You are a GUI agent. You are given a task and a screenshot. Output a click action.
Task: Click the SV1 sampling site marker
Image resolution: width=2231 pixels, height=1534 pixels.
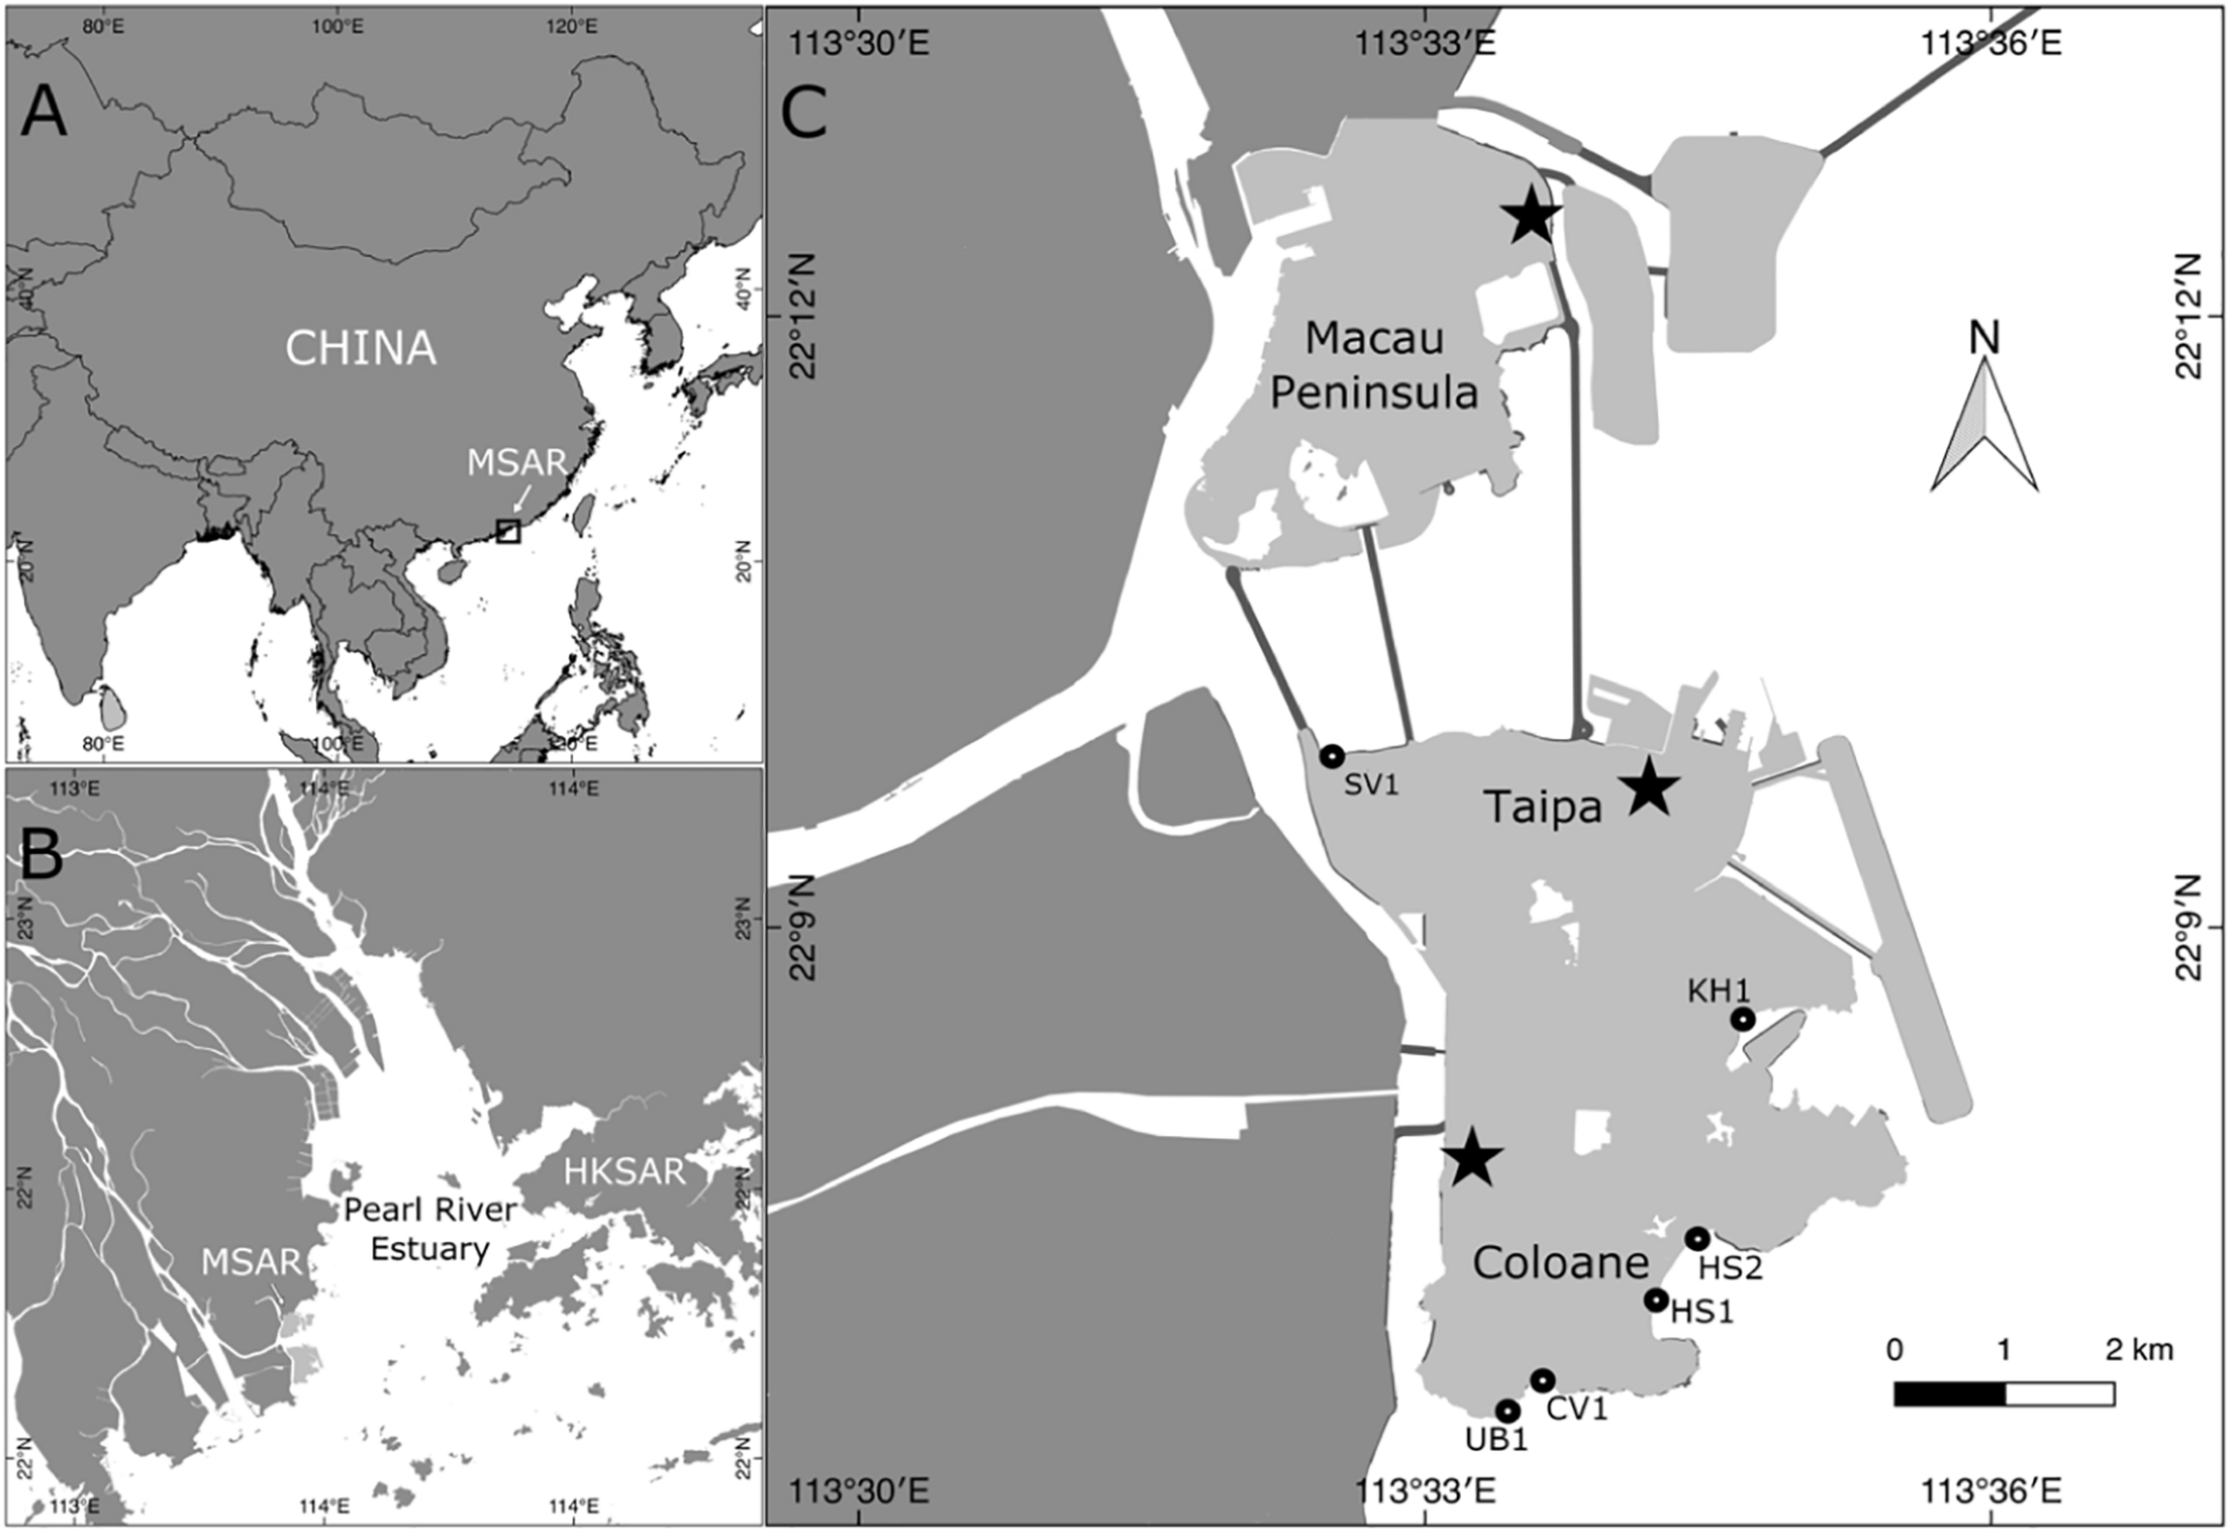[x=1331, y=757]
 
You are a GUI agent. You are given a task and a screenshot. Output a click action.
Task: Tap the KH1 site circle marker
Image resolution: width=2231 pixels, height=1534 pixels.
[x=1743, y=1019]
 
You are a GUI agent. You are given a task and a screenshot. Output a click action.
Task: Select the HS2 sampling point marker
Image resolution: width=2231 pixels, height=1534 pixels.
[x=1696, y=1239]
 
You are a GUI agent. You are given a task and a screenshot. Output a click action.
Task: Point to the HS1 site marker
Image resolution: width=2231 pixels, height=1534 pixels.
[x=1655, y=1300]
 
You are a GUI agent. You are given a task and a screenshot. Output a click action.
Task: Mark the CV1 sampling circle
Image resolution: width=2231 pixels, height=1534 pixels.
[x=1542, y=1381]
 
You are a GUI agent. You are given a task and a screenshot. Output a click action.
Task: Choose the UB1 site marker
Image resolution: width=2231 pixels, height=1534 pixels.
[x=1507, y=1411]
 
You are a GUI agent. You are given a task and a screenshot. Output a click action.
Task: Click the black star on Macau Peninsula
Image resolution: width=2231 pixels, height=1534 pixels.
[x=1531, y=217]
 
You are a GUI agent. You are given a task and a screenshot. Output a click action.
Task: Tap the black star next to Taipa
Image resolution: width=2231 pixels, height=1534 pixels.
[x=1648, y=787]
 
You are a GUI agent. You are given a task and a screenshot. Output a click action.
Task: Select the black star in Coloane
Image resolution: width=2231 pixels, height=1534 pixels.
[x=1472, y=1159]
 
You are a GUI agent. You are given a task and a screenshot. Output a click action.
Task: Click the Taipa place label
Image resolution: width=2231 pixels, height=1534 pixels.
[x=1543, y=808]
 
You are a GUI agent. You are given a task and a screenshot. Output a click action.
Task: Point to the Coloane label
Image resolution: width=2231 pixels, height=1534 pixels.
[x=1560, y=1263]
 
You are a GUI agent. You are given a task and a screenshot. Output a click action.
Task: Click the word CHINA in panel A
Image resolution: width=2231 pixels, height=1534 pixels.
[x=361, y=348]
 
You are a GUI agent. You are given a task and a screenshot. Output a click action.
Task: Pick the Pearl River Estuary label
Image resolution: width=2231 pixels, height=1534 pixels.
[x=429, y=1228]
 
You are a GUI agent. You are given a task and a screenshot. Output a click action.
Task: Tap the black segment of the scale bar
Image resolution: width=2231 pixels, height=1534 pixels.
[x=1948, y=1394]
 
